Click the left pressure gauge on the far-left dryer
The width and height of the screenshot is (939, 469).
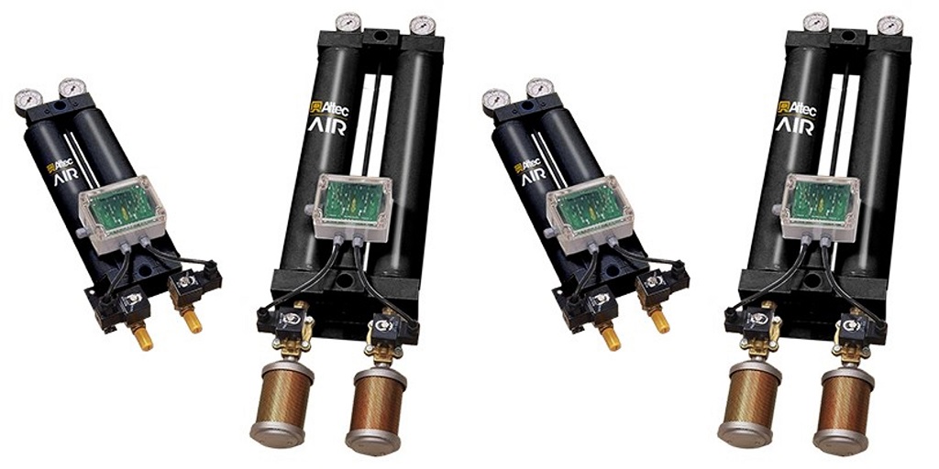coord(28,99)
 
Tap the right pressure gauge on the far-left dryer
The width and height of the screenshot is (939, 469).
coord(72,88)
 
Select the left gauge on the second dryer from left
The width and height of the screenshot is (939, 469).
coord(348,24)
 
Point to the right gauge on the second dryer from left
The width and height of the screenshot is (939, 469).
coord(422,27)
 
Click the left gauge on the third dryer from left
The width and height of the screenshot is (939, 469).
coord(496,99)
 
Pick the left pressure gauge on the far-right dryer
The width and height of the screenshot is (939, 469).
coord(815,24)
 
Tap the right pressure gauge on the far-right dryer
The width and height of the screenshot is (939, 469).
coord(889,27)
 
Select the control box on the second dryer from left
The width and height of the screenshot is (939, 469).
coord(352,203)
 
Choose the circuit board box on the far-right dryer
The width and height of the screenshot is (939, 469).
coord(820,203)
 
